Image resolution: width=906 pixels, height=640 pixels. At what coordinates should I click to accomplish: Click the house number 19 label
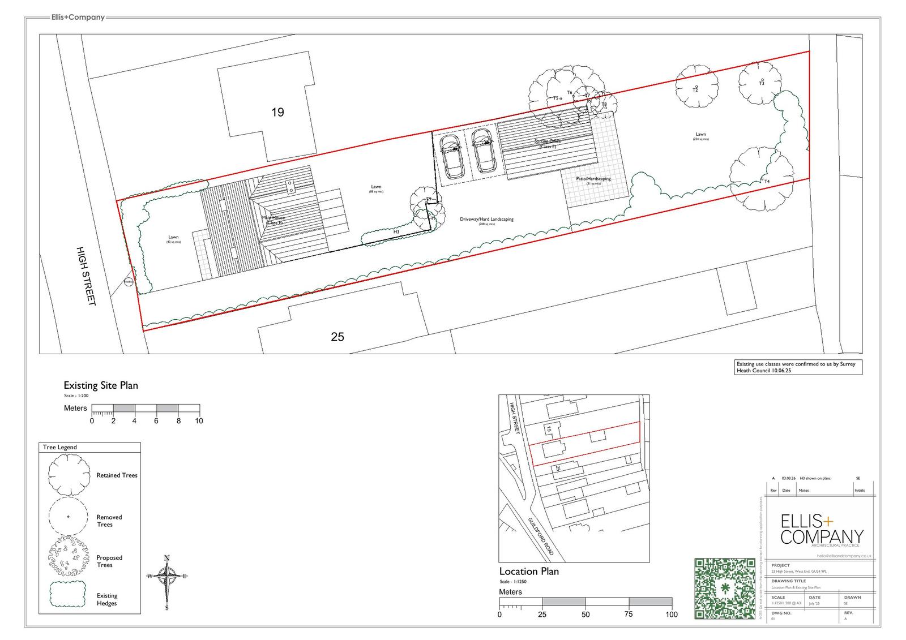[x=277, y=112]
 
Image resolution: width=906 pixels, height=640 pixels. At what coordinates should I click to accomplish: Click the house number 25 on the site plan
[x=337, y=337]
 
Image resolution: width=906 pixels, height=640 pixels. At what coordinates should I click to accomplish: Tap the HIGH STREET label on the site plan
[x=87, y=276]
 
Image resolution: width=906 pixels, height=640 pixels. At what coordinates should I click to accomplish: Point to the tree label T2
[x=695, y=90]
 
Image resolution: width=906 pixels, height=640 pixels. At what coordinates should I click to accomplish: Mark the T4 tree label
[x=767, y=182]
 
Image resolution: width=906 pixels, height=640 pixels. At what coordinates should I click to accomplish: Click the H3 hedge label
[x=396, y=232]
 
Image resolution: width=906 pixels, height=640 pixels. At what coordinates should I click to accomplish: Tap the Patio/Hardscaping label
[x=593, y=179]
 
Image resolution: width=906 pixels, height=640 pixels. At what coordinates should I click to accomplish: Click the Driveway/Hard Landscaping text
[x=487, y=220]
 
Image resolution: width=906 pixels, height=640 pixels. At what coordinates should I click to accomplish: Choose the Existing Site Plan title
[x=101, y=385]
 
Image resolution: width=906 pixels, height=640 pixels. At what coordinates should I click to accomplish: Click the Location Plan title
[x=529, y=572]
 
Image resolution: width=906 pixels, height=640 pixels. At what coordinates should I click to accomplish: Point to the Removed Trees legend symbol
[x=68, y=517]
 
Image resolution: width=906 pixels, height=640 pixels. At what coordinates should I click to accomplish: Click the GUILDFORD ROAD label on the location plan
[x=541, y=536]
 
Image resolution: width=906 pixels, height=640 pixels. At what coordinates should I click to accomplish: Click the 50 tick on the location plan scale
[x=586, y=615]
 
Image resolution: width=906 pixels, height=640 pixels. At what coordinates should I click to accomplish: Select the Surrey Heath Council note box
[x=797, y=367]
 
